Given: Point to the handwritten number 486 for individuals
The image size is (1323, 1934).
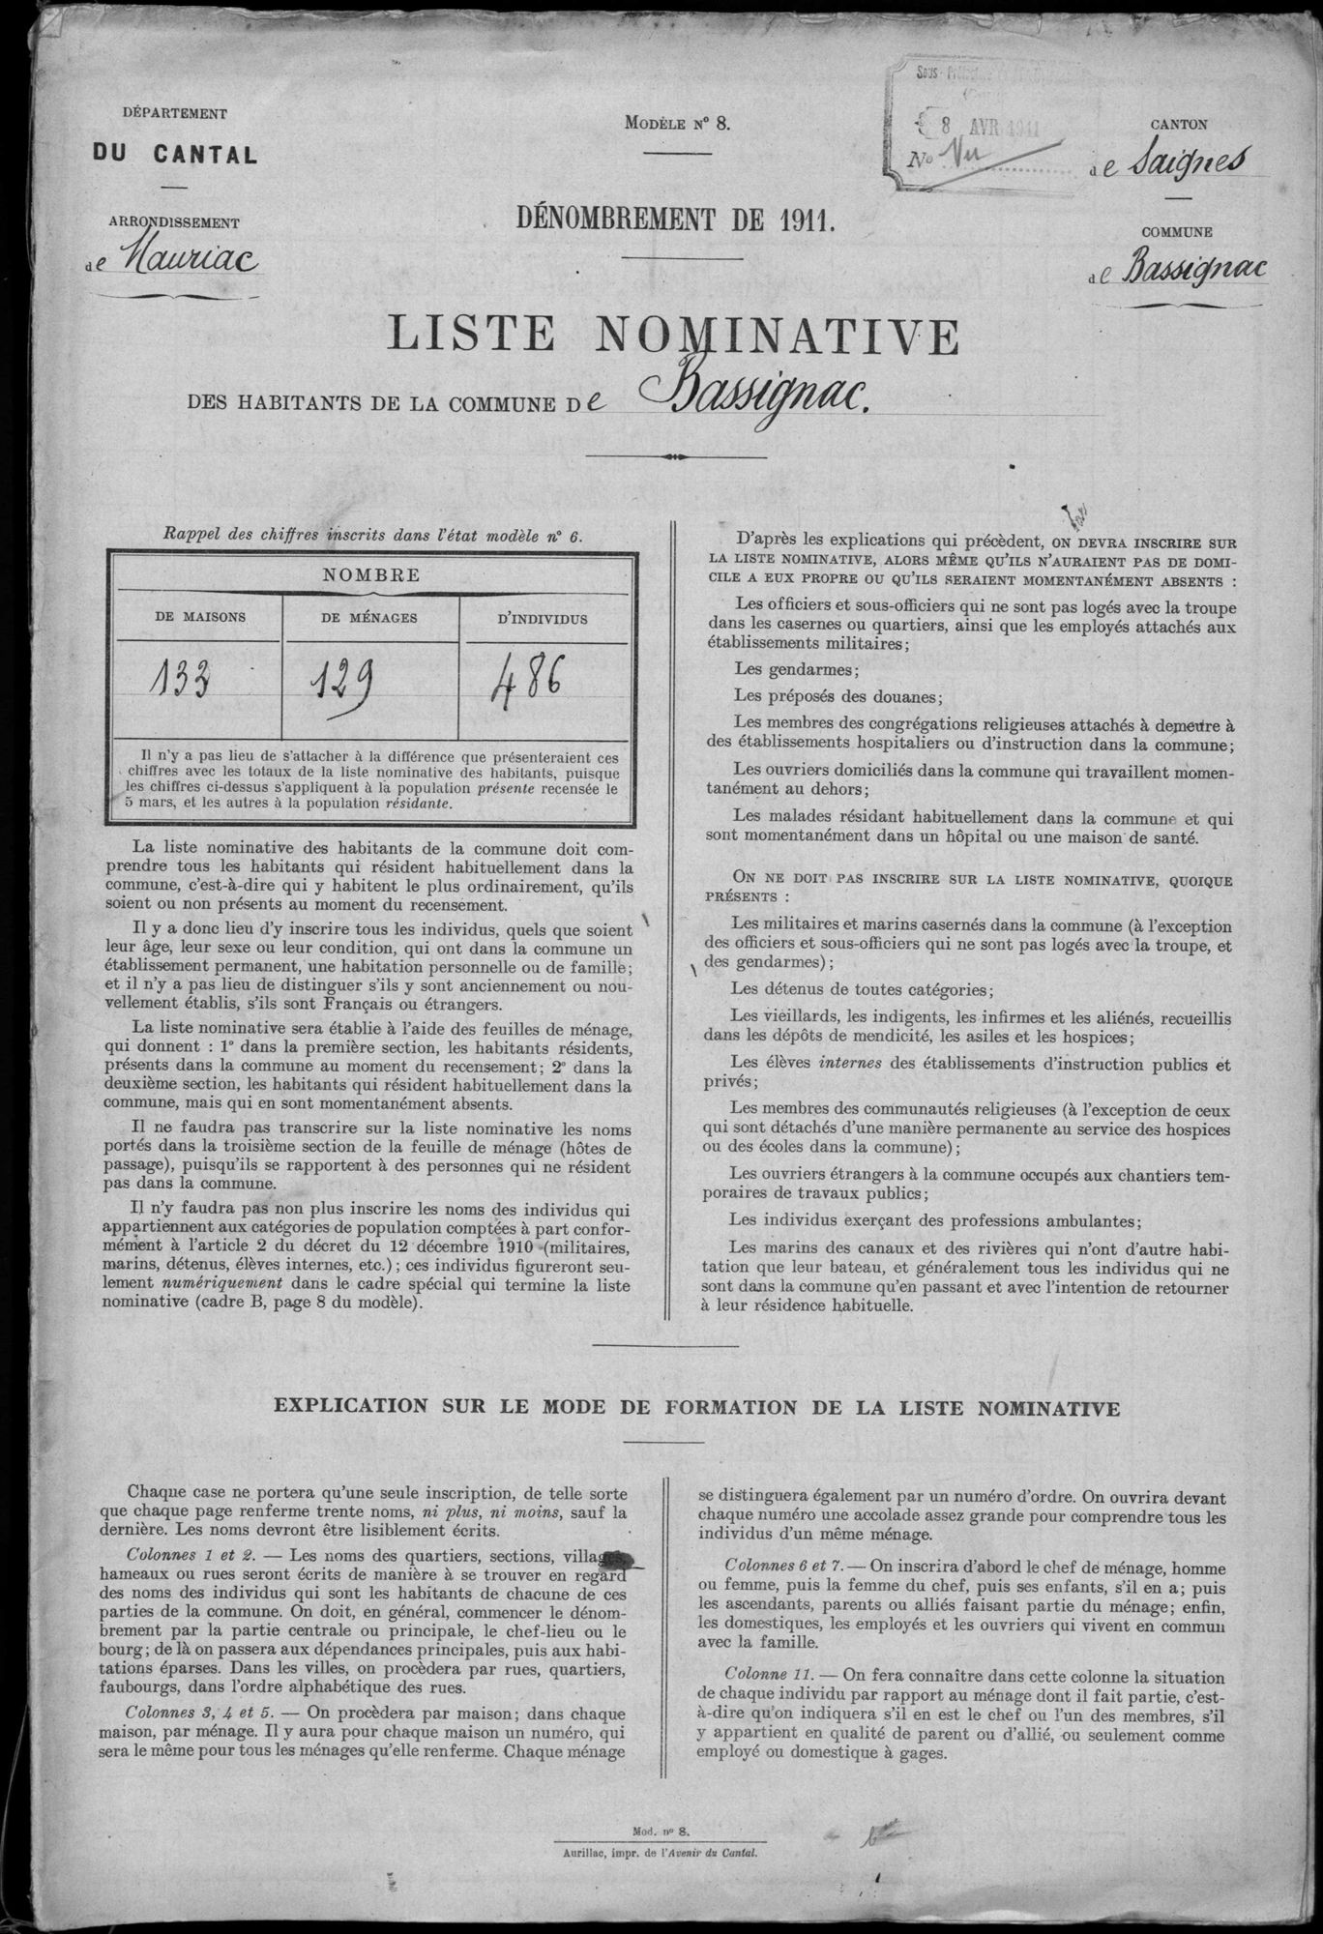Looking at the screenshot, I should [528, 681].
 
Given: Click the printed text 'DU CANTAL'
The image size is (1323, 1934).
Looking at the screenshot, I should [174, 154].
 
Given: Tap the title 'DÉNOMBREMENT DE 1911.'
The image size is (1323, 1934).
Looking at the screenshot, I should [677, 220].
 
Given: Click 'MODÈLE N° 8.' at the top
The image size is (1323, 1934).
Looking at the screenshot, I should [680, 123].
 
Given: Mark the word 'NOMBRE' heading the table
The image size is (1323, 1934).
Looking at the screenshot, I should [372, 573].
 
